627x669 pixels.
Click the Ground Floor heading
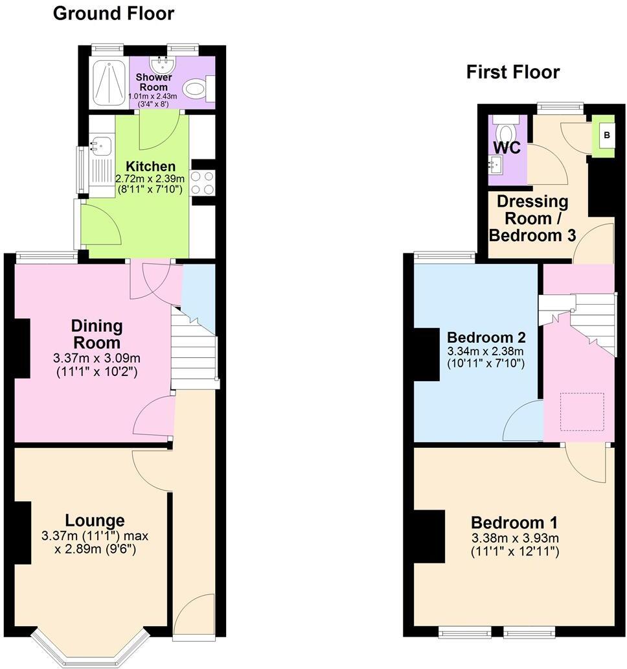(x=113, y=13)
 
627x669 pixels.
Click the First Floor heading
(x=512, y=72)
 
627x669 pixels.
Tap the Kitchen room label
(x=150, y=167)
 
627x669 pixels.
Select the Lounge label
(x=95, y=520)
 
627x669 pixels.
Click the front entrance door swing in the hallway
(x=194, y=614)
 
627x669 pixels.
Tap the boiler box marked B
(x=606, y=136)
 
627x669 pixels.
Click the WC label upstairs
(x=507, y=147)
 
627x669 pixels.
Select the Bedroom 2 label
(x=486, y=337)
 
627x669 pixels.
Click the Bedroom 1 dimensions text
(x=515, y=545)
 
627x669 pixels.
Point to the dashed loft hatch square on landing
(x=582, y=411)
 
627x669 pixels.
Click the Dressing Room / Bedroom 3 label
(x=532, y=218)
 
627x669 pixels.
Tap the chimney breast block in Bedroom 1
(x=429, y=535)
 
